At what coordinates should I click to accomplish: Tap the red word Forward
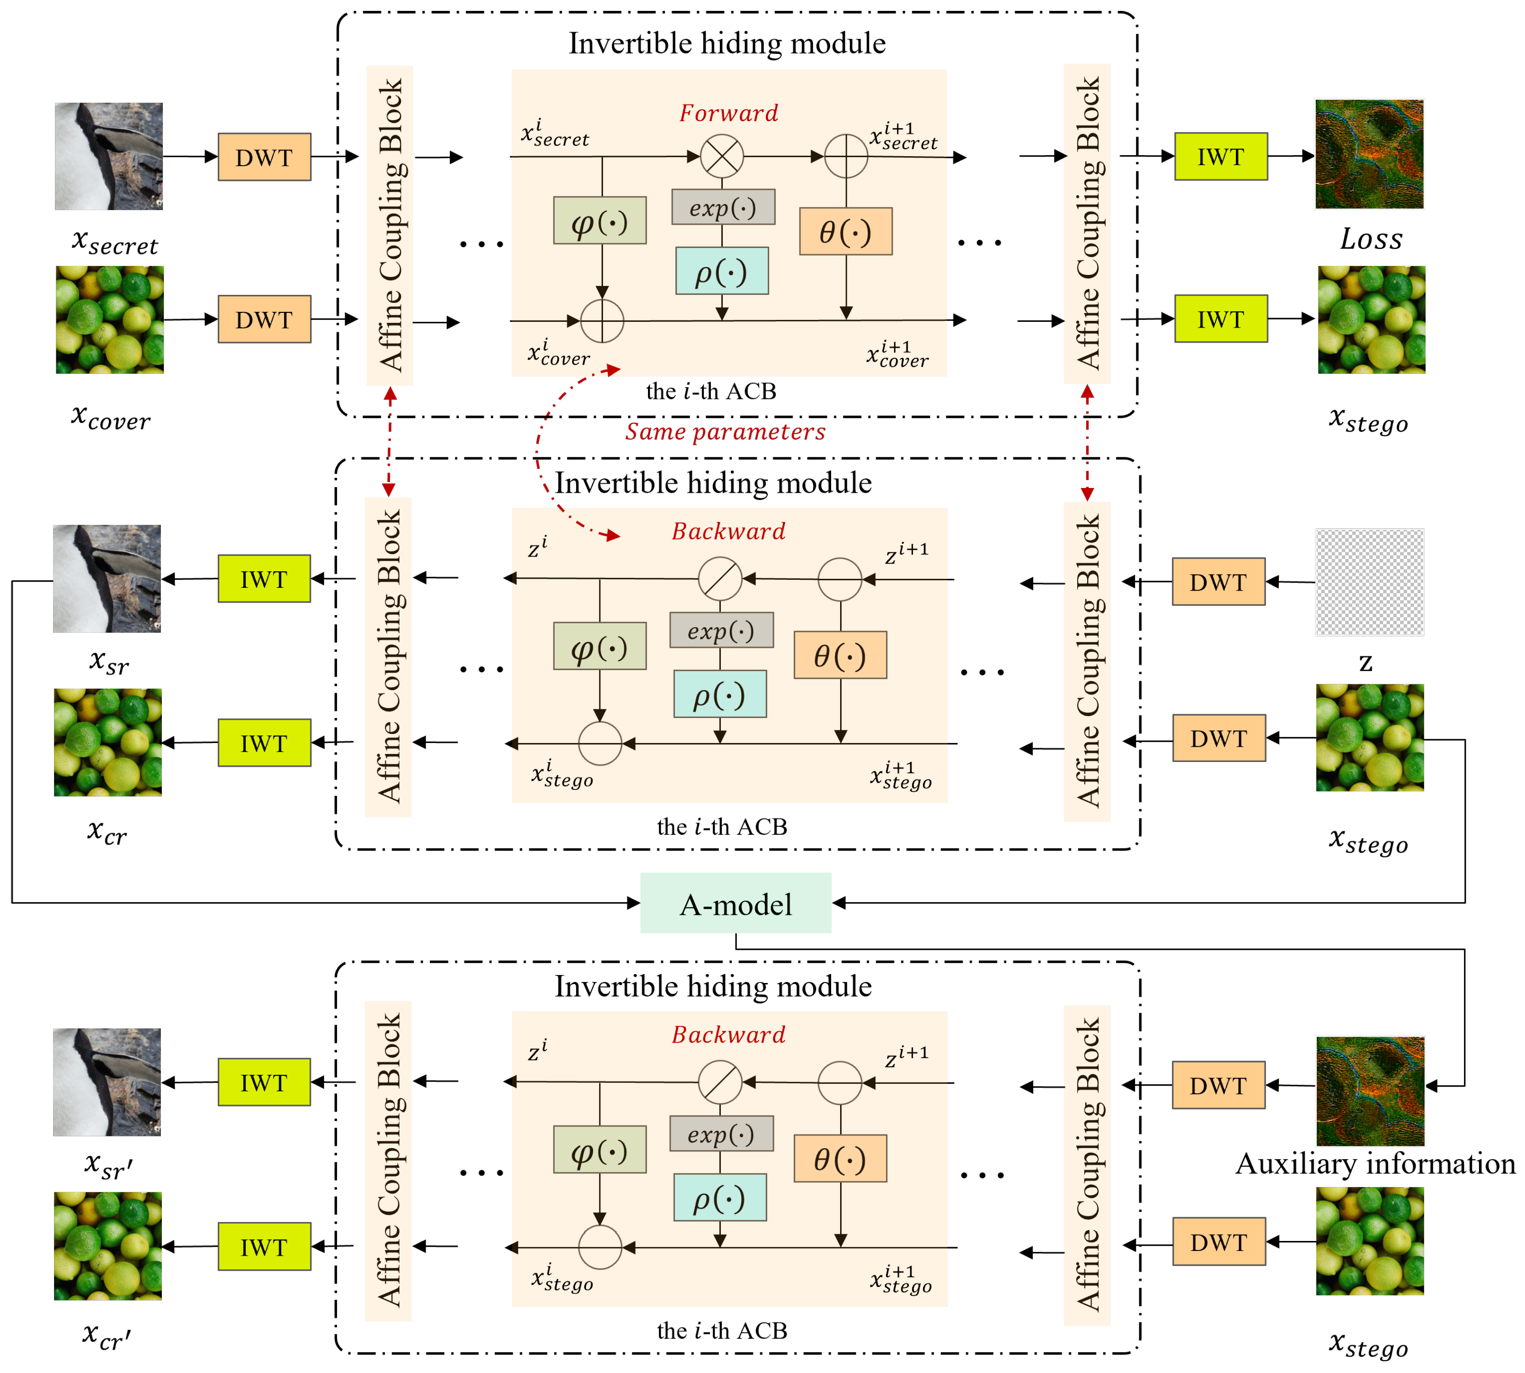click(x=728, y=113)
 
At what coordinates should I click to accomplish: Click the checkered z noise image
click(x=1369, y=582)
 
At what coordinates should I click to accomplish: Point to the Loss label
click(x=1370, y=239)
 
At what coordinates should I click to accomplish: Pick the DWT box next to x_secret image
click(x=264, y=157)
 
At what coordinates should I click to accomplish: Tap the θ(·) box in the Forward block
click(x=845, y=231)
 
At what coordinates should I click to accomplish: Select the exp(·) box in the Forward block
click(x=722, y=207)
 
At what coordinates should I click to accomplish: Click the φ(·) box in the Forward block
click(x=599, y=221)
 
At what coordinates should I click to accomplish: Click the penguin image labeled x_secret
click(x=109, y=156)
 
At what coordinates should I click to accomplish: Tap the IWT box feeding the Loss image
click(x=1220, y=157)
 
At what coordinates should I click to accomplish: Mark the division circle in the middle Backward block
click(x=720, y=579)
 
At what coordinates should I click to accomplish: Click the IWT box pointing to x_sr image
click(x=264, y=579)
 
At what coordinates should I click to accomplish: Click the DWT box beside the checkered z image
click(x=1218, y=582)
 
